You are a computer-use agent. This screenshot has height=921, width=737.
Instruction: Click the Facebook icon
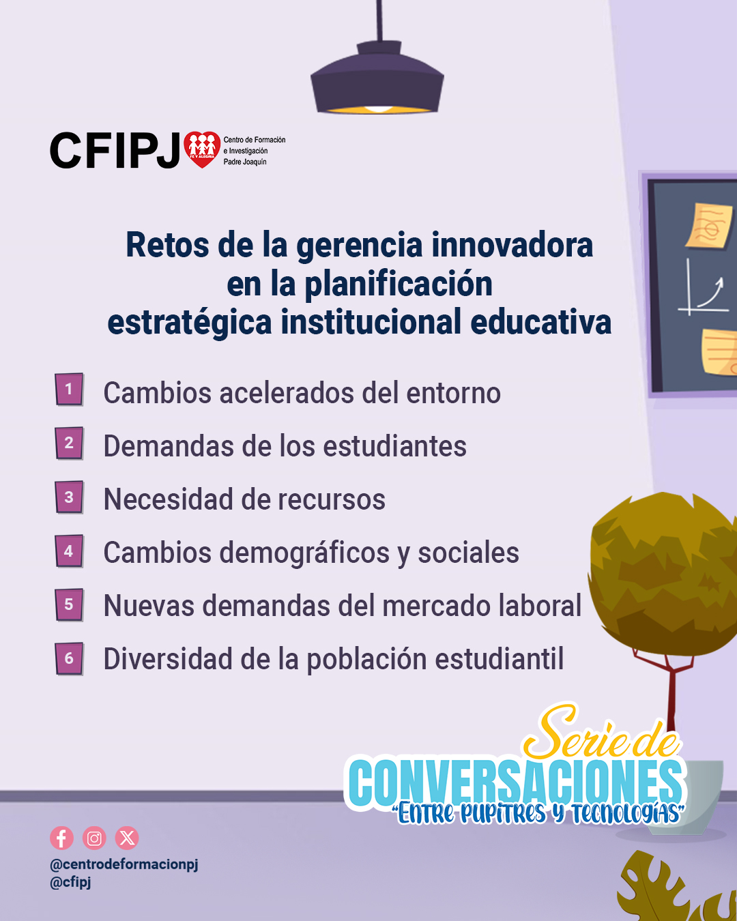(x=61, y=838)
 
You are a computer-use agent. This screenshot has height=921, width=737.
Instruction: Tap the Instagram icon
(x=94, y=838)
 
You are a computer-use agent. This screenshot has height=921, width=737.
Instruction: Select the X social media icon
(x=127, y=838)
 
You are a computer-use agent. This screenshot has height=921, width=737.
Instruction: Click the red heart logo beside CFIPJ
(x=202, y=149)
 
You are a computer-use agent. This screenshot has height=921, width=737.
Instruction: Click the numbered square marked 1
(x=69, y=390)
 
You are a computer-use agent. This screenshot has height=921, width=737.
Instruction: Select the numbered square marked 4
(x=69, y=551)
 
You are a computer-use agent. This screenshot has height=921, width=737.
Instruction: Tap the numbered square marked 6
(x=69, y=658)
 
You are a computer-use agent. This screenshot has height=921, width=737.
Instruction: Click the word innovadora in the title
(x=512, y=245)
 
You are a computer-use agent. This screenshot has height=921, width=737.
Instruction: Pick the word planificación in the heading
(x=399, y=285)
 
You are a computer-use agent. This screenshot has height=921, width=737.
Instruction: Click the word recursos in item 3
(x=332, y=500)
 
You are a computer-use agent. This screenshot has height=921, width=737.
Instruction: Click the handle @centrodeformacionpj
(x=124, y=864)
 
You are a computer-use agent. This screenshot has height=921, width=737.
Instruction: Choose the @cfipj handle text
(x=71, y=883)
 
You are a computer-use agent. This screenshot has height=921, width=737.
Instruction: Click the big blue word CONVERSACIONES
(x=516, y=783)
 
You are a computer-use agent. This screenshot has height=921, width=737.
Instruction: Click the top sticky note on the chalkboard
(x=709, y=226)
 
